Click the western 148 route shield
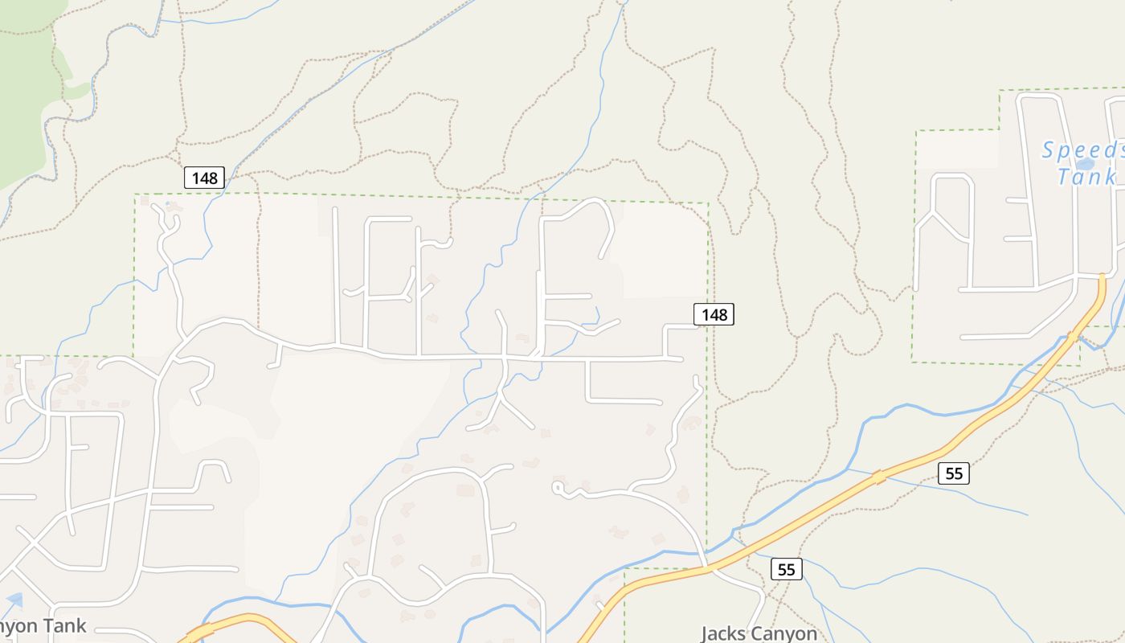[204, 178]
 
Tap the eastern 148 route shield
[714, 314]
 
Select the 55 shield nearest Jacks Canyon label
[786, 569]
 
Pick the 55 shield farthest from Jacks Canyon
[953, 473]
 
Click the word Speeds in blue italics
[1082, 150]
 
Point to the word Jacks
[728, 633]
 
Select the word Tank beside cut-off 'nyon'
[63, 626]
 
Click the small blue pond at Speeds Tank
[1085, 164]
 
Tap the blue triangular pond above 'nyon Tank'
[14, 600]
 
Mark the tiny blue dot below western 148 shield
[167, 205]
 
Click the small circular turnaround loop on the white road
[558, 487]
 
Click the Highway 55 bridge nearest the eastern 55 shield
[881, 477]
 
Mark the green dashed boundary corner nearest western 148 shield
[135, 194]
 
